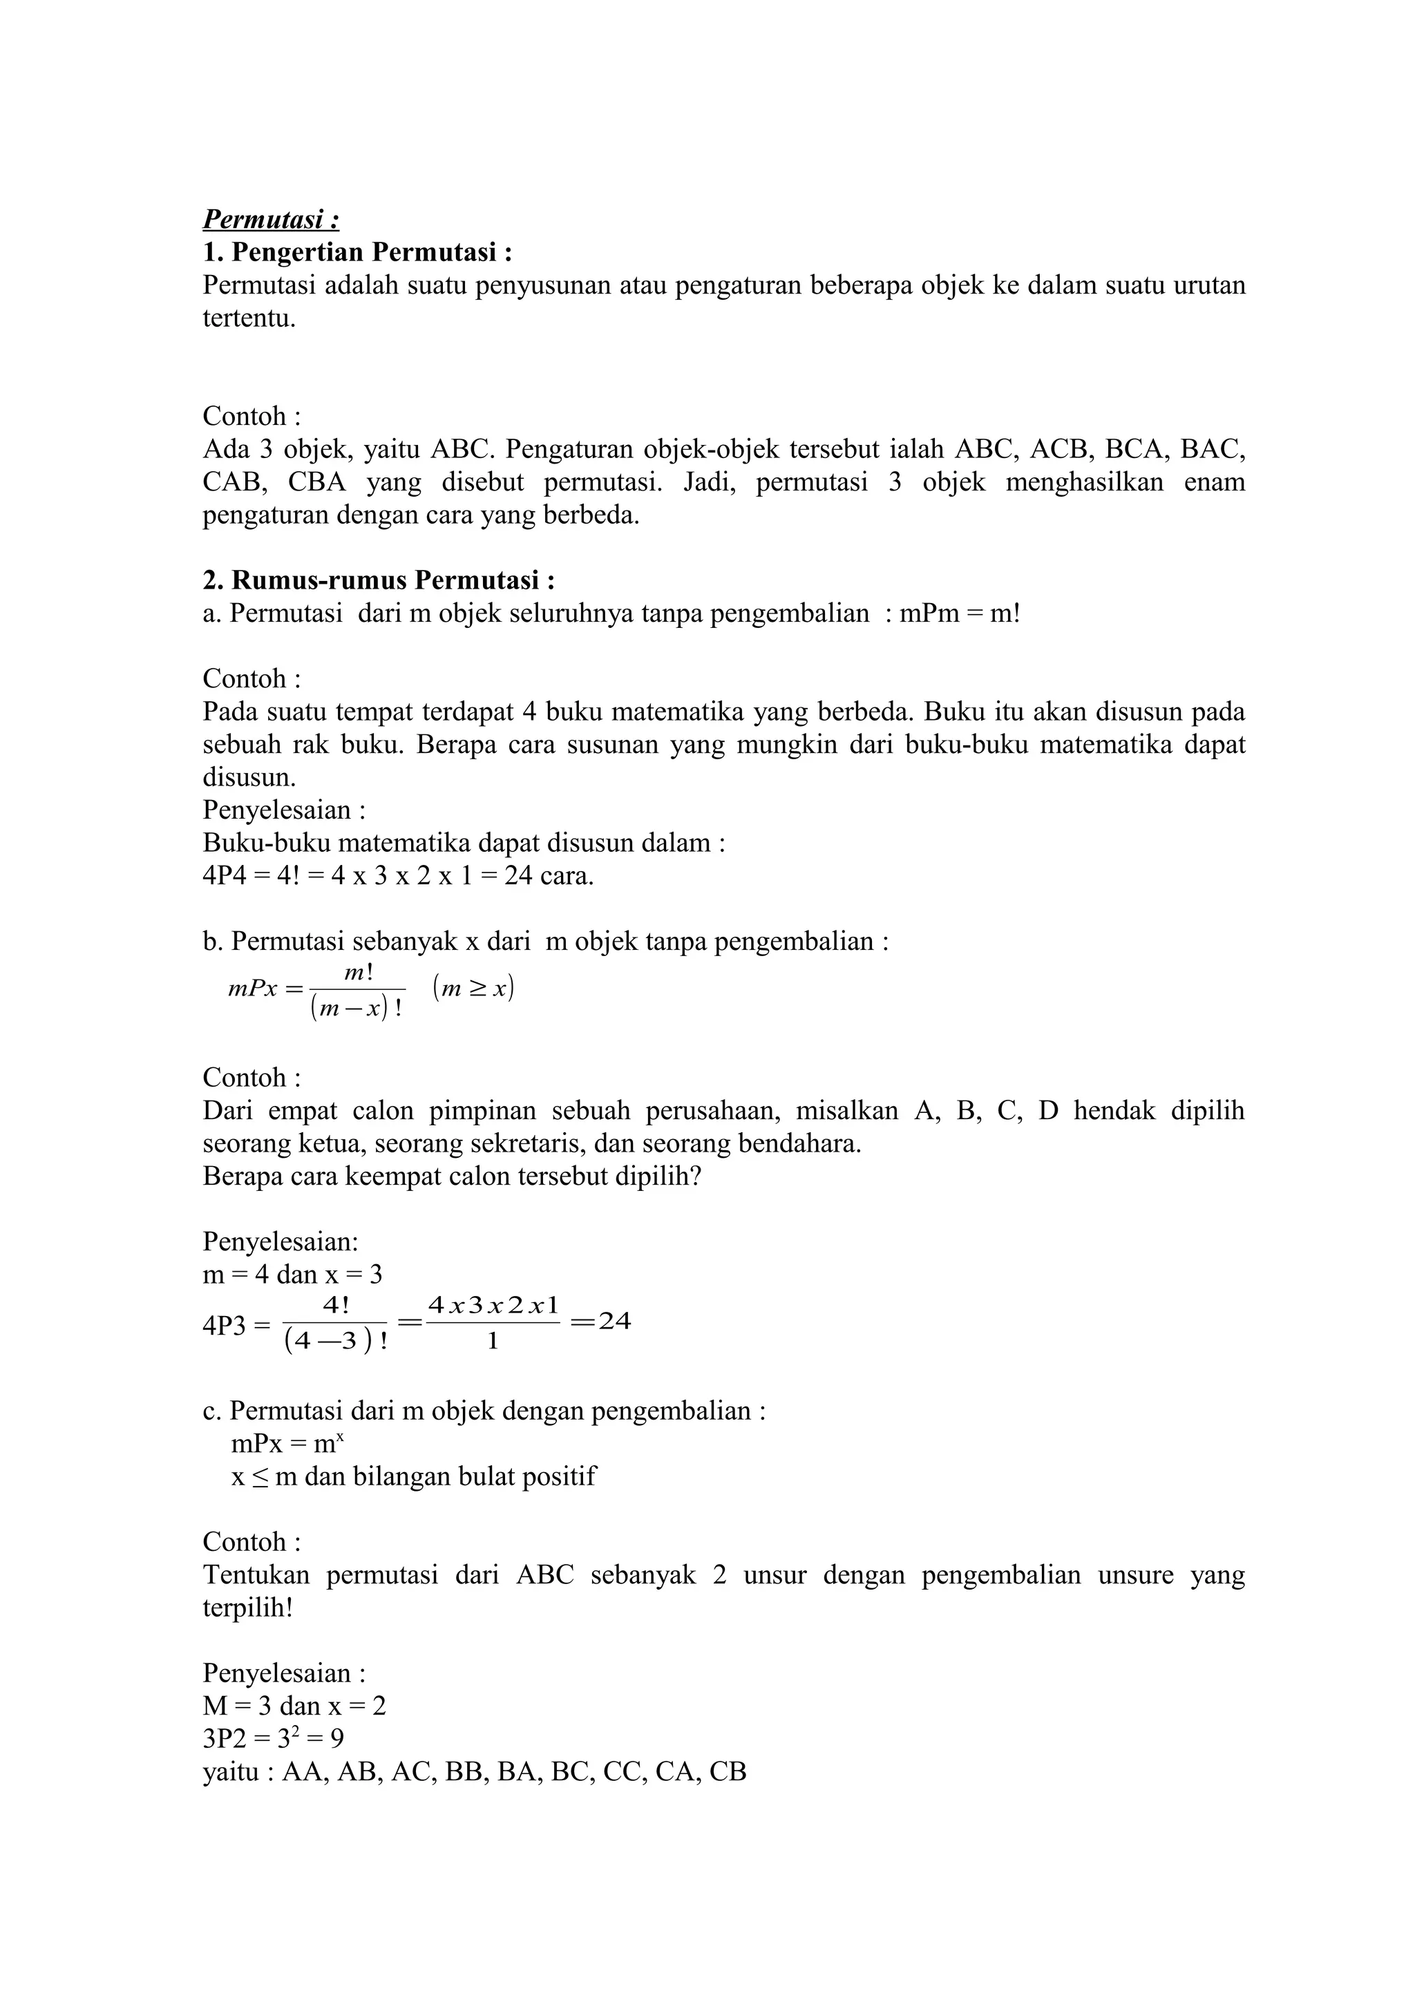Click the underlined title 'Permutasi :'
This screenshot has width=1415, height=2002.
(x=271, y=219)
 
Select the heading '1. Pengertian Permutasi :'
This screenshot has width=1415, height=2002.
(x=357, y=252)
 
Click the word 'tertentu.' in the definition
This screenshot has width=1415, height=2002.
(x=249, y=318)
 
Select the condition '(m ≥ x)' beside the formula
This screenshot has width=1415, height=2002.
(x=473, y=988)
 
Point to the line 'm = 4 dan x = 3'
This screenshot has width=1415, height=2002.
(x=292, y=1275)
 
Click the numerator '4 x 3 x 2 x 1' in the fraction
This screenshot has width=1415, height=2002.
(x=493, y=1306)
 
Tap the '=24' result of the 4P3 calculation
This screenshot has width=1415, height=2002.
(x=600, y=1322)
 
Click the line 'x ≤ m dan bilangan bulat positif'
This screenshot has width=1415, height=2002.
(x=413, y=1476)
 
